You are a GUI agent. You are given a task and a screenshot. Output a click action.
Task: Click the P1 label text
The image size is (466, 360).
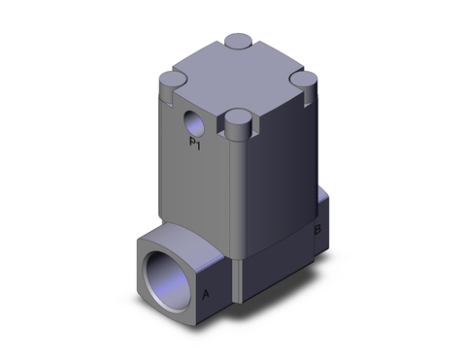pos(194,145)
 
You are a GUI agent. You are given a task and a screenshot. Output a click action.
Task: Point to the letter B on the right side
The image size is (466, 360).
pos(316,230)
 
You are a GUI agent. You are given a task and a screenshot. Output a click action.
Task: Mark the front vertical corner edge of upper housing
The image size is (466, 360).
pos(234,194)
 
